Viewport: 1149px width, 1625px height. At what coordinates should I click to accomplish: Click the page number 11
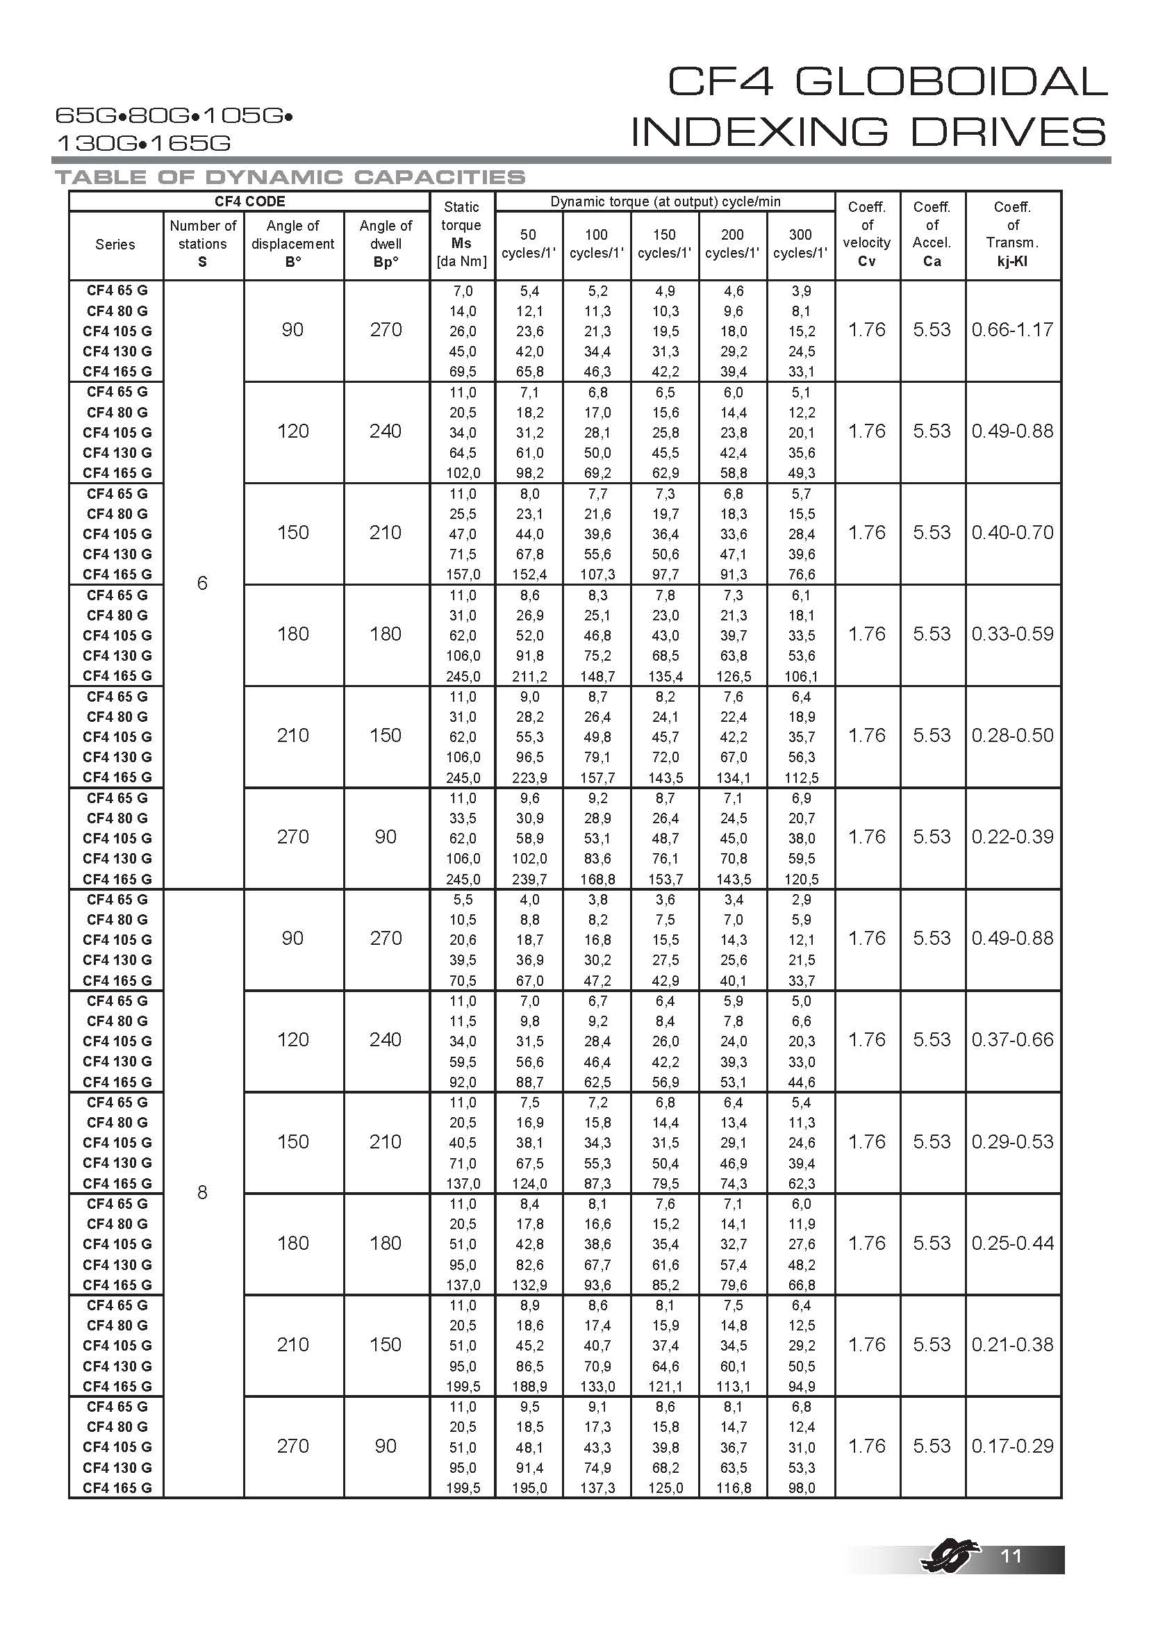(x=1011, y=1555)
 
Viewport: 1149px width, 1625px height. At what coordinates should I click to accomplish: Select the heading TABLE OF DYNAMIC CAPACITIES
(x=290, y=177)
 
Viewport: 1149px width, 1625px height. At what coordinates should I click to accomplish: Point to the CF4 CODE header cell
(x=249, y=201)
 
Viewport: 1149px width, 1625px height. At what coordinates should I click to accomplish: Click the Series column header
(x=115, y=244)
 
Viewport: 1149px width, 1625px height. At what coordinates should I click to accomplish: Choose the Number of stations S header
(x=203, y=243)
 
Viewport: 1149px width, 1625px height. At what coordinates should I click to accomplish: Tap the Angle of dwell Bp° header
(x=386, y=243)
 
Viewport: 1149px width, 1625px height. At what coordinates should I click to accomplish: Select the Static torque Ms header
(x=461, y=234)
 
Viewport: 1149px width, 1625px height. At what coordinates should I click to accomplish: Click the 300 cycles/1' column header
(x=800, y=243)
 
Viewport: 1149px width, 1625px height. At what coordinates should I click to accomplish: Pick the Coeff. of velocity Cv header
(x=867, y=234)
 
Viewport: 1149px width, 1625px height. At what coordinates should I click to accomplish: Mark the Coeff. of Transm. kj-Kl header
(x=1012, y=234)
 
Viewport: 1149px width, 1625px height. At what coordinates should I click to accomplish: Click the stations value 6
(x=202, y=583)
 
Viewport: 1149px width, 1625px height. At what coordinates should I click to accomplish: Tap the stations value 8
(x=202, y=1193)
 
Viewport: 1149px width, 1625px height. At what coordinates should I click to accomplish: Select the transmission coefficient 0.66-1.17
(x=1012, y=330)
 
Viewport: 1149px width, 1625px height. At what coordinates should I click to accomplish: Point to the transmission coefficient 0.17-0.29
(x=1012, y=1445)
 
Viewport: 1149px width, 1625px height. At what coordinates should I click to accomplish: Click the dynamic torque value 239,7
(x=529, y=879)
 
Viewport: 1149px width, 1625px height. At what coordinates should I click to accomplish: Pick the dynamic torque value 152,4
(x=529, y=575)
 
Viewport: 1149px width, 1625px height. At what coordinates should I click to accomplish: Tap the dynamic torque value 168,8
(x=597, y=879)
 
